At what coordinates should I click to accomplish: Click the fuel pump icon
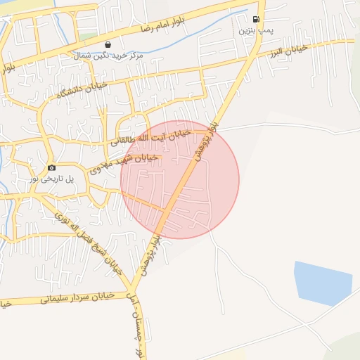coord(255,19)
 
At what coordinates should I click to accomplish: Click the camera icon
coord(51,168)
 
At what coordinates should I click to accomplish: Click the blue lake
coord(323,283)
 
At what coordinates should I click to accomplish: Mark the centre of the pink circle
coord(180,179)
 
